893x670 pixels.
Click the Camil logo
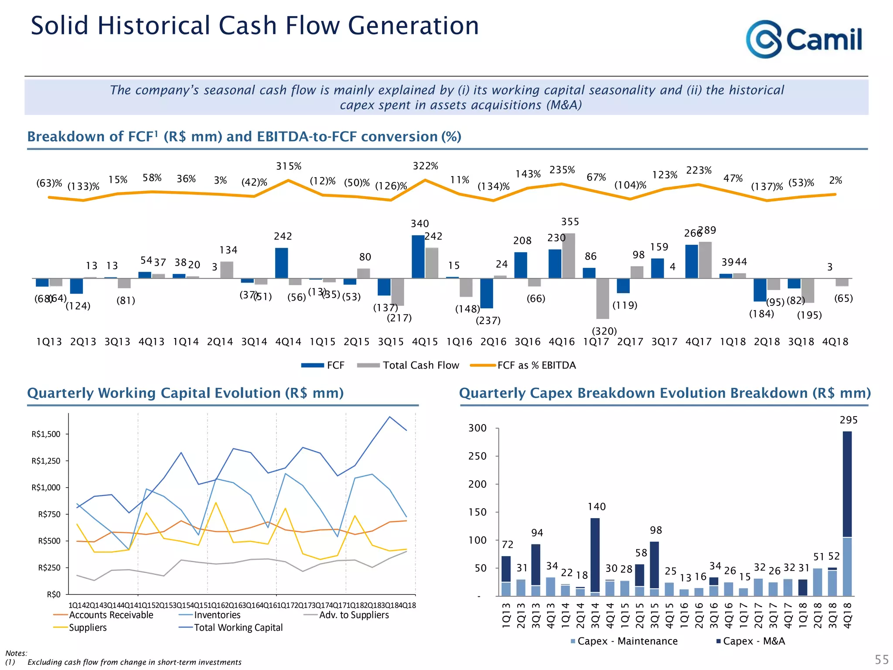[x=803, y=39]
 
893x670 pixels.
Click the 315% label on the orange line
[x=289, y=167]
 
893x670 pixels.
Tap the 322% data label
[x=425, y=166]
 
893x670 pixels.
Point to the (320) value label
[x=604, y=331]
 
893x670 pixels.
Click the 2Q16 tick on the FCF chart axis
[x=493, y=342]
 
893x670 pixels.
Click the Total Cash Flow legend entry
[x=420, y=366]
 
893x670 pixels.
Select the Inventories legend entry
[x=217, y=615]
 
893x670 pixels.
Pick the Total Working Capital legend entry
[x=238, y=628]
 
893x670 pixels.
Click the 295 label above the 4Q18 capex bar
[x=848, y=420]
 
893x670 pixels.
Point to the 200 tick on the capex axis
[x=477, y=484]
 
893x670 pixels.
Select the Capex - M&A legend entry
[x=753, y=641]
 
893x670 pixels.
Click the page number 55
[x=881, y=659]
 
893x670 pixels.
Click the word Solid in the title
[x=60, y=26]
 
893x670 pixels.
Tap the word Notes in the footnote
[x=16, y=653]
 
